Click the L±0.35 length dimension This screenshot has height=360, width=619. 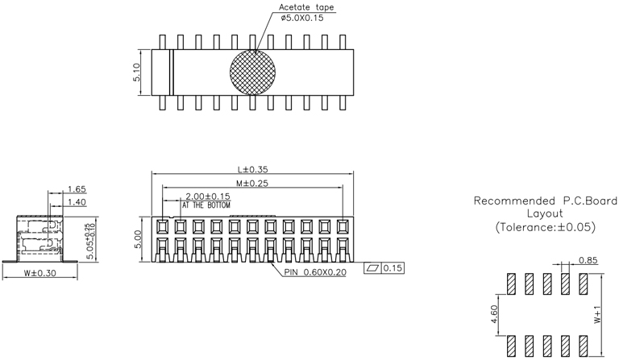tap(253, 170)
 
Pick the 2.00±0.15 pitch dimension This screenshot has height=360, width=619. tap(208, 197)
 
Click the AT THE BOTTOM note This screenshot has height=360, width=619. tap(206, 205)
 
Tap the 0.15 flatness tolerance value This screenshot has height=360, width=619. tap(393, 267)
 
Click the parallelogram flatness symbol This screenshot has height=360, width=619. tap(373, 267)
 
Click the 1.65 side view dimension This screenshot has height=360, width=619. tap(77, 189)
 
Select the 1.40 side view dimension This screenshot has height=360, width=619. tap(77, 202)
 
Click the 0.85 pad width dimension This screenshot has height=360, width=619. tap(588, 260)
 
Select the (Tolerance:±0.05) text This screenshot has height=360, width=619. tap(545, 227)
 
